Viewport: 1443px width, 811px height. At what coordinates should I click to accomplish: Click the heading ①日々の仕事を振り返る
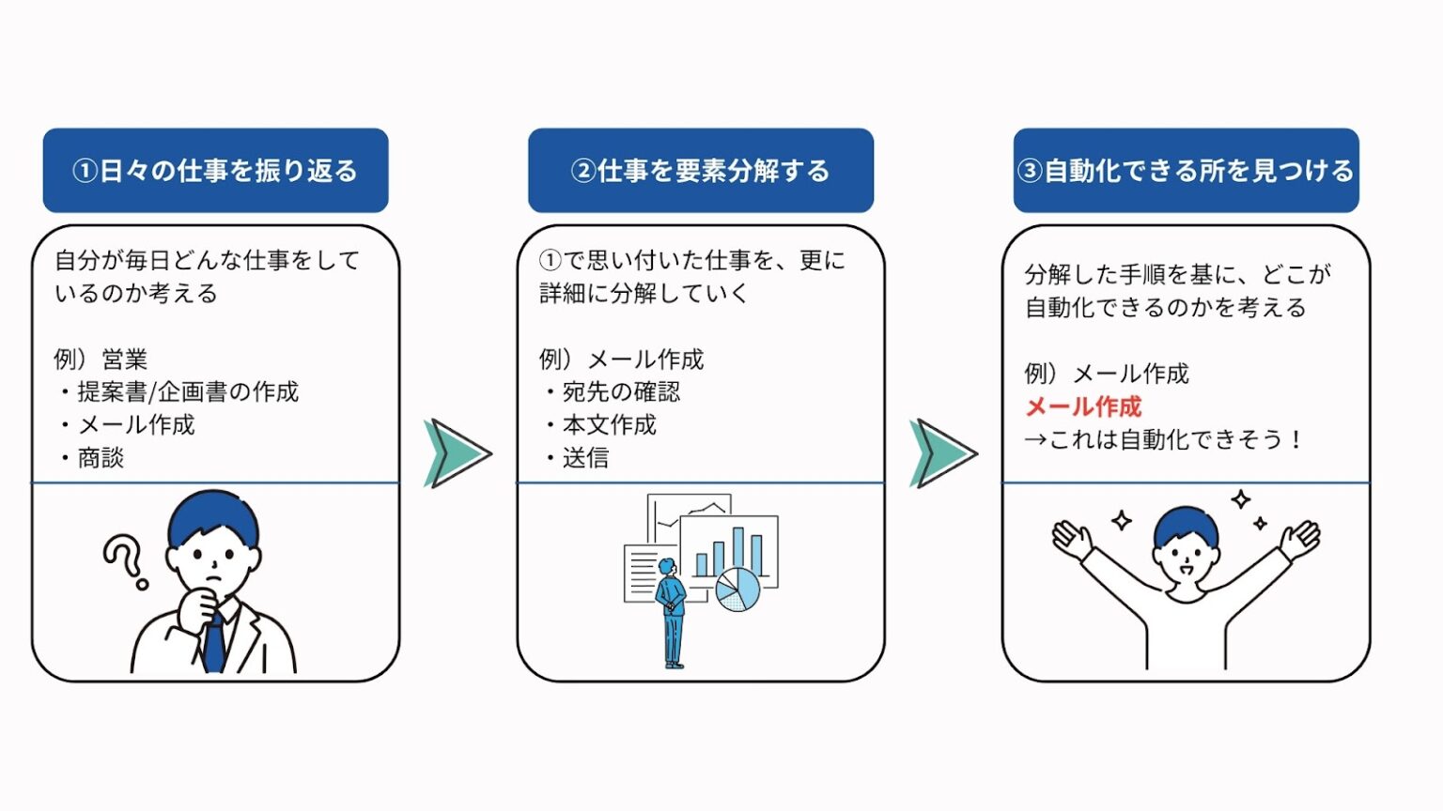(x=215, y=171)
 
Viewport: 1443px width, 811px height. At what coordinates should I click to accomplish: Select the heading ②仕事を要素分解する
(x=700, y=171)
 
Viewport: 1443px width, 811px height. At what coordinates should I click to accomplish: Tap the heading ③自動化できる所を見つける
(x=1186, y=171)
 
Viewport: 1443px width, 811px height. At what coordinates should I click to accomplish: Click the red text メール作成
(x=1083, y=406)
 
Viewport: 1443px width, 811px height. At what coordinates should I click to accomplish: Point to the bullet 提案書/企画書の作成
(x=187, y=391)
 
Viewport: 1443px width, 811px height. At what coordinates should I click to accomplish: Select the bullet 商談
(x=101, y=458)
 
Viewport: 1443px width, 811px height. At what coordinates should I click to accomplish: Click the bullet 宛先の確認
(x=620, y=391)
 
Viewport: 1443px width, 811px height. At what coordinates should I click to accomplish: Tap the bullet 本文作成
(x=609, y=425)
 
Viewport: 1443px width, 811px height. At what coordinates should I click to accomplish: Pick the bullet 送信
(x=585, y=458)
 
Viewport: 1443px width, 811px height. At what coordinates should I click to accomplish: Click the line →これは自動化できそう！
(x=1163, y=439)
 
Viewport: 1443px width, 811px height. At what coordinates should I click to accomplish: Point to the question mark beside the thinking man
(x=125, y=560)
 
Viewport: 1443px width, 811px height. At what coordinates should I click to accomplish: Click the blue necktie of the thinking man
(x=214, y=642)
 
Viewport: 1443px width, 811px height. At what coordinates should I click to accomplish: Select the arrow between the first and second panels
(x=457, y=453)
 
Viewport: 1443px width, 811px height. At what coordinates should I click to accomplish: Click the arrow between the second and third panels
(x=942, y=453)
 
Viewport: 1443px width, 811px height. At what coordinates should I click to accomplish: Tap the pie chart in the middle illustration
(x=737, y=589)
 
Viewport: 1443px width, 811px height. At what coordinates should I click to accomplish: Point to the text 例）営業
(x=101, y=359)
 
